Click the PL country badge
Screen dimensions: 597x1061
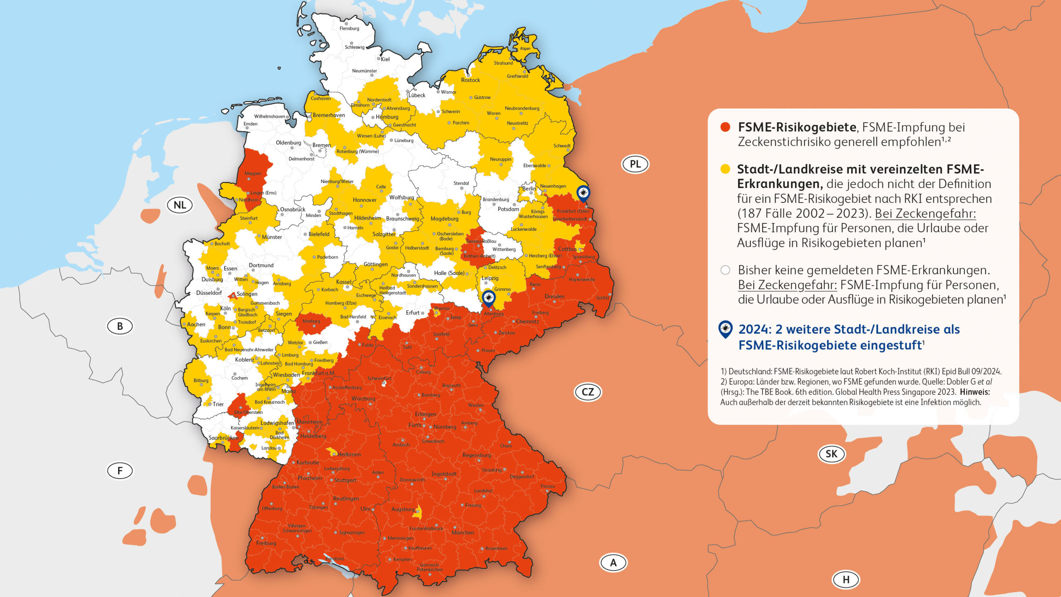(635, 164)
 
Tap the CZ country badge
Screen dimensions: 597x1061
(587, 392)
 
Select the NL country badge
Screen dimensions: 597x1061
(179, 205)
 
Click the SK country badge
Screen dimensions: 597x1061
(831, 454)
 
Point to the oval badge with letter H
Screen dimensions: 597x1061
(846, 580)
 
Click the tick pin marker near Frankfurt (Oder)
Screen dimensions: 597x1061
(583, 193)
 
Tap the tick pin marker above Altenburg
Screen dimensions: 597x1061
(489, 297)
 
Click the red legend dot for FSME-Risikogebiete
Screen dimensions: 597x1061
(725, 127)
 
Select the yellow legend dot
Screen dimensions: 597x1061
(725, 169)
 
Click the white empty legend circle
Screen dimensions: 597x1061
(725, 270)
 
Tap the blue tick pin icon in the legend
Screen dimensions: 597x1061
(725, 329)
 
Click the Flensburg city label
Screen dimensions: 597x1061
(349, 29)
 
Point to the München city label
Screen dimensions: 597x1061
(463, 532)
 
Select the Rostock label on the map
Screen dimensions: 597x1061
(470, 80)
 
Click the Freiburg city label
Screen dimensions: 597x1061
(266, 543)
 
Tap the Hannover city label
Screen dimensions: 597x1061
(364, 200)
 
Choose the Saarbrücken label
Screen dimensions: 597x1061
(223, 438)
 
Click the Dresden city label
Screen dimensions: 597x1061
(554, 297)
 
